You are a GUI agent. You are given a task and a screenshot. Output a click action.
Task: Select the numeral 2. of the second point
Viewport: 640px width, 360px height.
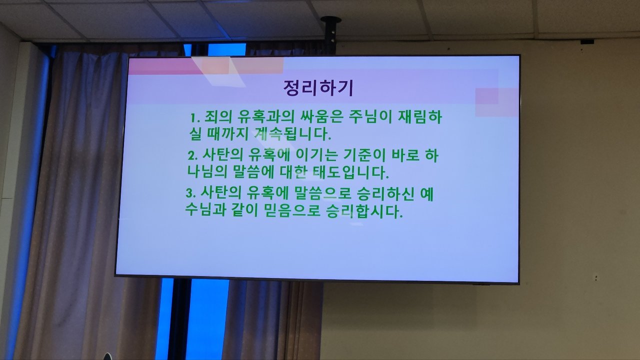point(193,156)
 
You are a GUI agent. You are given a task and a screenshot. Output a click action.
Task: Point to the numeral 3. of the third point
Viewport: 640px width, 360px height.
point(190,193)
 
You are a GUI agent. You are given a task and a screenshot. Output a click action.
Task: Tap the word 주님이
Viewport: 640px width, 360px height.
point(370,117)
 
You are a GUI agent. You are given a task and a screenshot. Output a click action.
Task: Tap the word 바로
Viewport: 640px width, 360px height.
point(405,155)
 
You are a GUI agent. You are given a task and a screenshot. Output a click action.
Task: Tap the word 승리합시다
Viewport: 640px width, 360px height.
point(364,211)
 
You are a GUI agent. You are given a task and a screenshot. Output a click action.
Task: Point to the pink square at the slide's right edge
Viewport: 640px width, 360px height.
point(496,102)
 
